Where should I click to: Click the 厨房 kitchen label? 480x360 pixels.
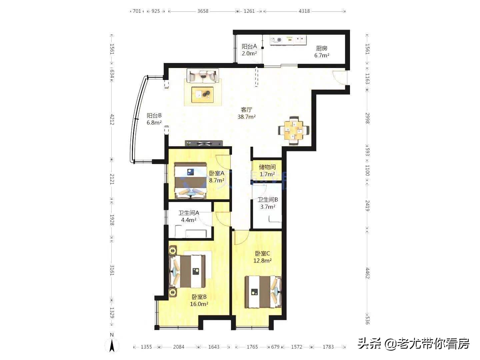(x=322, y=48)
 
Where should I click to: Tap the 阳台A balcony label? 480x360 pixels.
(x=249, y=47)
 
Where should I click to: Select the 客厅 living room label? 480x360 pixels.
(x=246, y=110)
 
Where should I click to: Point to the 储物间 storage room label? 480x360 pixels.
(x=267, y=167)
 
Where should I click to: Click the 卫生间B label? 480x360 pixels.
(x=268, y=200)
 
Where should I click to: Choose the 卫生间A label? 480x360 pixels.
(x=189, y=213)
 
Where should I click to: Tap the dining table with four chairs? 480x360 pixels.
(x=294, y=130)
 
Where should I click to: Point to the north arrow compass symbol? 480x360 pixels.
(x=112, y=343)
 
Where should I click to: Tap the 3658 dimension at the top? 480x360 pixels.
(x=203, y=11)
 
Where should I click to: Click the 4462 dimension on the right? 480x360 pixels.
(x=367, y=273)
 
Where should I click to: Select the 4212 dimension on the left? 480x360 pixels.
(x=112, y=119)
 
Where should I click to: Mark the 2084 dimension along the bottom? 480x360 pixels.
(x=179, y=347)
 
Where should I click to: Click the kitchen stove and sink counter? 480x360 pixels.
(x=288, y=40)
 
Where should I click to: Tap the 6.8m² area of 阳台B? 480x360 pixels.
(x=154, y=123)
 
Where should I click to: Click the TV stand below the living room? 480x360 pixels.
(x=204, y=144)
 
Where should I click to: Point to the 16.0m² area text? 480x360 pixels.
(x=199, y=304)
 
